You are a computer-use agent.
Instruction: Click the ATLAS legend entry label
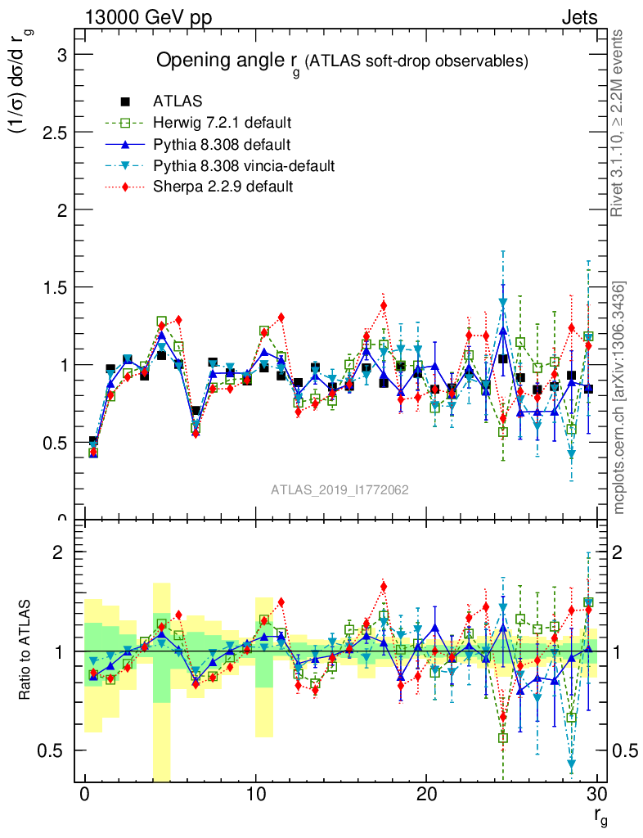coord(178,102)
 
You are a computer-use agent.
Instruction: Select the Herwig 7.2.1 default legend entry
coord(222,124)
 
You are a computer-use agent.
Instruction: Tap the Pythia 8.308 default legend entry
coord(222,145)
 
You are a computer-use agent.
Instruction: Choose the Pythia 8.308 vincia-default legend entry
coord(244,166)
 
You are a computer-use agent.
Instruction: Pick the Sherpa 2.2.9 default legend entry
coord(223,187)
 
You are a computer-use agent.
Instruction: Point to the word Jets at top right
coord(578,17)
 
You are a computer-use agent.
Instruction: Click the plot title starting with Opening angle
coord(342,61)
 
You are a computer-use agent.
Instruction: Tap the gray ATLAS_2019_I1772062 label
coord(339,489)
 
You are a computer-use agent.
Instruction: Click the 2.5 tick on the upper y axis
coord(54,133)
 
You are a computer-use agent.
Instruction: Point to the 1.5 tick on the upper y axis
coord(54,287)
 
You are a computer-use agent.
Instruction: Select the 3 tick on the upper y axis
coord(60,55)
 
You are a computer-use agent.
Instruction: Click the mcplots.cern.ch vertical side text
coord(620,397)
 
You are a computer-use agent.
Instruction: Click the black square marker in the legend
coord(125,102)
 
